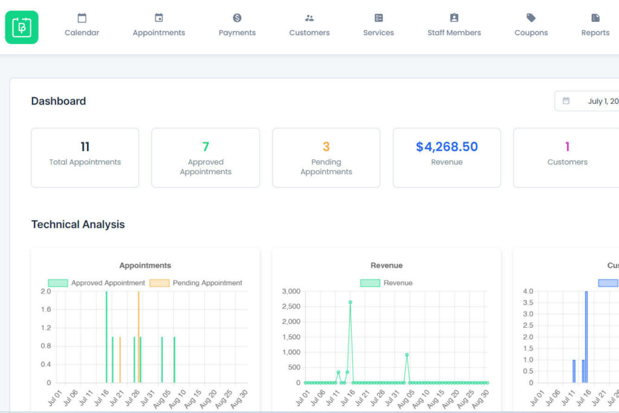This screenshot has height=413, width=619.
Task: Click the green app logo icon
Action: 22,27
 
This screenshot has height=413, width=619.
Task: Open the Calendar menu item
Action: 82,25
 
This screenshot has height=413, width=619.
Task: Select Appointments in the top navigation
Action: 159,25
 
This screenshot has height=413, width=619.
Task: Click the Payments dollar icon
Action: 237,18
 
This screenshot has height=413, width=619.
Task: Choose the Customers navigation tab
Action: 309,25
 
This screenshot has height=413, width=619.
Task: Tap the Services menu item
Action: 378,25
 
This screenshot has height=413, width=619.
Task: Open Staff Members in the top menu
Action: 454,25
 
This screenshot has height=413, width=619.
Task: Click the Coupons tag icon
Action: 531,18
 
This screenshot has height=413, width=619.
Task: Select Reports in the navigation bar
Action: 595,25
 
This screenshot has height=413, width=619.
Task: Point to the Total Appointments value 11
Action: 85,146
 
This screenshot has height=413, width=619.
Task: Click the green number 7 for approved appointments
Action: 206,146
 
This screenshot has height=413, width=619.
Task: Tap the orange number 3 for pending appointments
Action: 326,146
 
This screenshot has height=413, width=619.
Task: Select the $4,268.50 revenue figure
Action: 447,146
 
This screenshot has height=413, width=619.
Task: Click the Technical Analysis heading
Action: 78,224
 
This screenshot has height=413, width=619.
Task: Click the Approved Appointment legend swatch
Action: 58,283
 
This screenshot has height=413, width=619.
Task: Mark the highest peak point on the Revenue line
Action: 350,302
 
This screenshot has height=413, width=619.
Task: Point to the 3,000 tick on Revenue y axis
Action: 290,291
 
